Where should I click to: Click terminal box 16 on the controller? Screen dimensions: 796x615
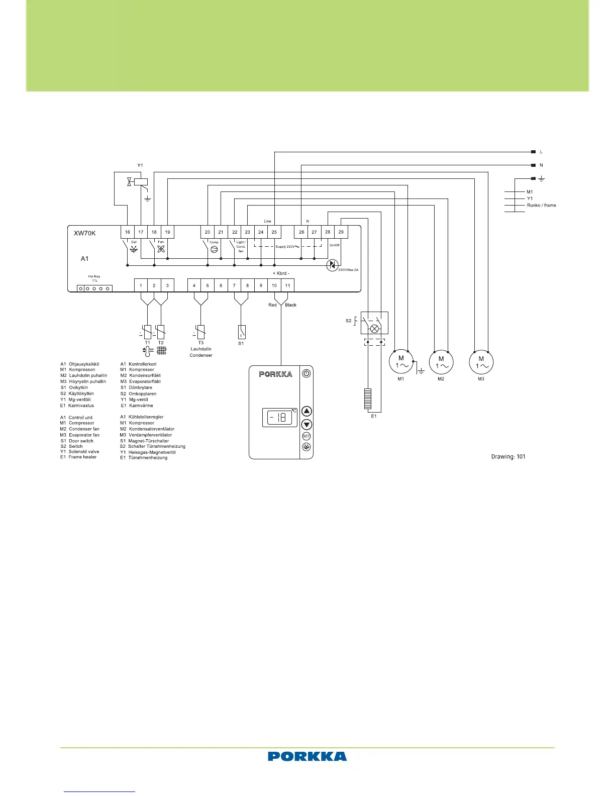pyautogui.click(x=128, y=232)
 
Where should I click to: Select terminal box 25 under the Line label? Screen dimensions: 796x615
pyautogui.click(x=274, y=232)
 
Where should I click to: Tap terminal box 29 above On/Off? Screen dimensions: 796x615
pyautogui.click(x=341, y=232)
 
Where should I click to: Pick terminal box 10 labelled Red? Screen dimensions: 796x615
pyautogui.click(x=274, y=285)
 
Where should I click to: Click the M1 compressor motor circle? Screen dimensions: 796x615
pyautogui.click(x=401, y=362)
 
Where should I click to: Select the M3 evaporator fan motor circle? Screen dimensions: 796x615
pyautogui.click(x=481, y=362)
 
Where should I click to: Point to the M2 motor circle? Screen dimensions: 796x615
pyautogui.click(x=441, y=362)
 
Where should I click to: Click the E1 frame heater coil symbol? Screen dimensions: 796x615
pyautogui.click(x=368, y=400)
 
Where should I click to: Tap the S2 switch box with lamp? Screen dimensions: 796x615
pyautogui.click(x=374, y=323)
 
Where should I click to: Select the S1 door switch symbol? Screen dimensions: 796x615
pyautogui.click(x=241, y=332)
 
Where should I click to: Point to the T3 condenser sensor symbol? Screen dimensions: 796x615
pyautogui.click(x=200, y=332)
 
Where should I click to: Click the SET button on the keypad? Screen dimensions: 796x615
pyautogui.click(x=306, y=436)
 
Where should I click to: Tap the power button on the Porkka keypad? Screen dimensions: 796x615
pyautogui.click(x=306, y=373)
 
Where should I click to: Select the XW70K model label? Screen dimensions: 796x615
pyautogui.click(x=84, y=233)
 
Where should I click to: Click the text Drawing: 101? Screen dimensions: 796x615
pyautogui.click(x=508, y=457)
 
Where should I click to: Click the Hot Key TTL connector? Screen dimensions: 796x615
pyautogui.click(x=94, y=288)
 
